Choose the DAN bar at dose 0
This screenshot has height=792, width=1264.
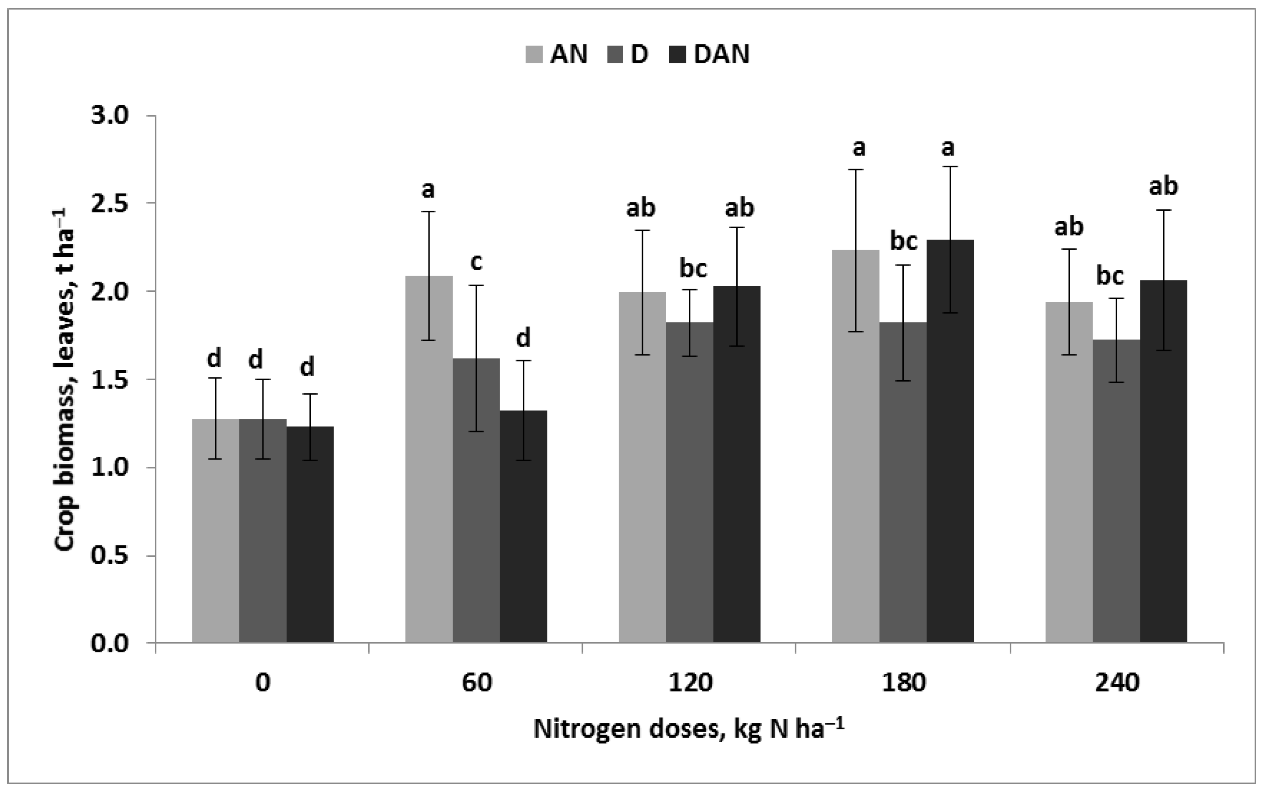(310, 534)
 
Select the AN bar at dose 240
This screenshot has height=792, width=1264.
(1069, 471)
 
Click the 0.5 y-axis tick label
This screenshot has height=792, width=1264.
(110, 556)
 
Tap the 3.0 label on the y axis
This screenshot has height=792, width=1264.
(110, 116)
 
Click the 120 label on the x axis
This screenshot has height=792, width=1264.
(690, 683)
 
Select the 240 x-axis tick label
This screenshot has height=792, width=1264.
(1117, 683)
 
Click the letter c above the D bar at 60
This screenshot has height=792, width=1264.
(476, 262)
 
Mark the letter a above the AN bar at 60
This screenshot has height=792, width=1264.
(428, 191)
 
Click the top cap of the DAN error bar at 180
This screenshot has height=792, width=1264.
(950, 166)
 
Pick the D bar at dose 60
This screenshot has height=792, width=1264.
(476, 500)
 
